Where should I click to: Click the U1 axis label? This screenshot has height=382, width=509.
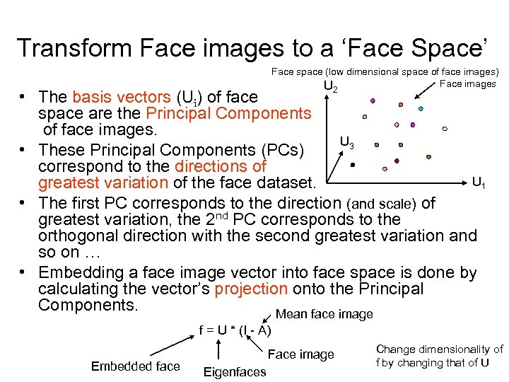[479, 184]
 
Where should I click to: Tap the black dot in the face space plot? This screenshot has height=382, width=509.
[352, 164]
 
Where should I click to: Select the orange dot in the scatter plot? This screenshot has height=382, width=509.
[400, 105]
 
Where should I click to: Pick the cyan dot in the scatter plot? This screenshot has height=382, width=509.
[421, 109]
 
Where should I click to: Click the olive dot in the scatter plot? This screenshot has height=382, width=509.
[428, 157]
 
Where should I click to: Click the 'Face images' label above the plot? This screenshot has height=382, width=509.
[467, 84]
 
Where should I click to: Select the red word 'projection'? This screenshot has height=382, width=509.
[251, 289]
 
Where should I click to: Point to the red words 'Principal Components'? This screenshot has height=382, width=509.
[228, 113]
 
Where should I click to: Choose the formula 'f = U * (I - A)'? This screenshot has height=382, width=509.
[235, 330]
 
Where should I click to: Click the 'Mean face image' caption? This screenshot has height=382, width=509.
[324, 314]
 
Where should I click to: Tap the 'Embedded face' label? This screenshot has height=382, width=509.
[136, 366]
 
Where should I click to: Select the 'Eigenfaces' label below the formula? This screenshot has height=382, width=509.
[234, 371]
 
